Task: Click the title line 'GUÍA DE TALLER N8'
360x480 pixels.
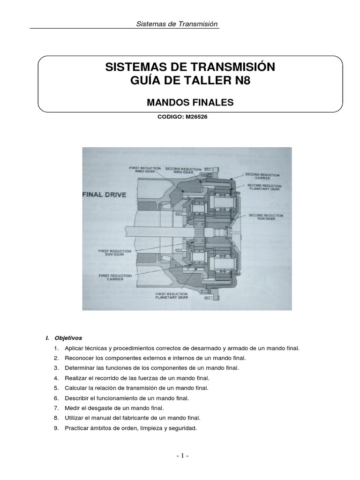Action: coord(190,81)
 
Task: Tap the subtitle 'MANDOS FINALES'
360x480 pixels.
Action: coord(190,102)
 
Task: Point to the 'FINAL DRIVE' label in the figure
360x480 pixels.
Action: coord(105,194)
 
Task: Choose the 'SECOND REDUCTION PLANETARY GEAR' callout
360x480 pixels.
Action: coord(265,187)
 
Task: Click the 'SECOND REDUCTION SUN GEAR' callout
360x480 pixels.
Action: coord(266,217)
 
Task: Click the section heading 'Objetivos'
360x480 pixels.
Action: coord(68,337)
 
